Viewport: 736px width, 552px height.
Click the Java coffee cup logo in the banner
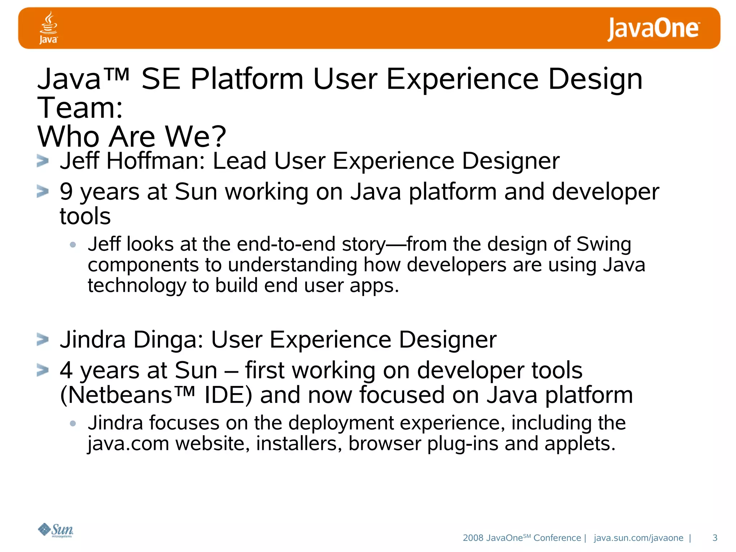coord(48,27)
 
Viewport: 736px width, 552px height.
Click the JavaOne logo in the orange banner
coord(653,29)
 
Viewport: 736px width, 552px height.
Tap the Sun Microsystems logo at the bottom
coord(56,530)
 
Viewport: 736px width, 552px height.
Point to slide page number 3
coord(714,538)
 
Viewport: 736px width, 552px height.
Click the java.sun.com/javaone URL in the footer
coord(638,538)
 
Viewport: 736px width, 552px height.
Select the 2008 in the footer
coord(473,538)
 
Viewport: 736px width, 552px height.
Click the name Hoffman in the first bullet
coord(155,161)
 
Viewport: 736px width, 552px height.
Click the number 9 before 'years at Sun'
coord(66,192)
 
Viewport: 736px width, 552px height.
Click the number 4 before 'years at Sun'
coord(66,370)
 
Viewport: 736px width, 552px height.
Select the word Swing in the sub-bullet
coord(603,244)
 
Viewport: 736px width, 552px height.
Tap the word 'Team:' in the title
coord(80,108)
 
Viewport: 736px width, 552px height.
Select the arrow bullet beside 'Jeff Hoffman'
coord(42,161)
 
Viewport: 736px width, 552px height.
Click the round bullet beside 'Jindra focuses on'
coord(73,423)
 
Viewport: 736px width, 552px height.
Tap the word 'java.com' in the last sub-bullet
coord(128,444)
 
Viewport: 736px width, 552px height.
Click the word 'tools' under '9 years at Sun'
coord(85,216)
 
